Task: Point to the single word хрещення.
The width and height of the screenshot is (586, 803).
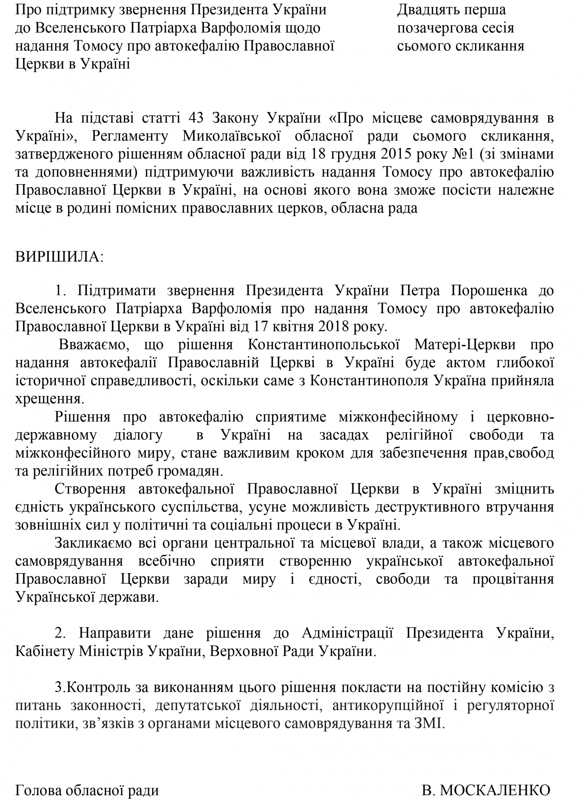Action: (49, 399)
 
